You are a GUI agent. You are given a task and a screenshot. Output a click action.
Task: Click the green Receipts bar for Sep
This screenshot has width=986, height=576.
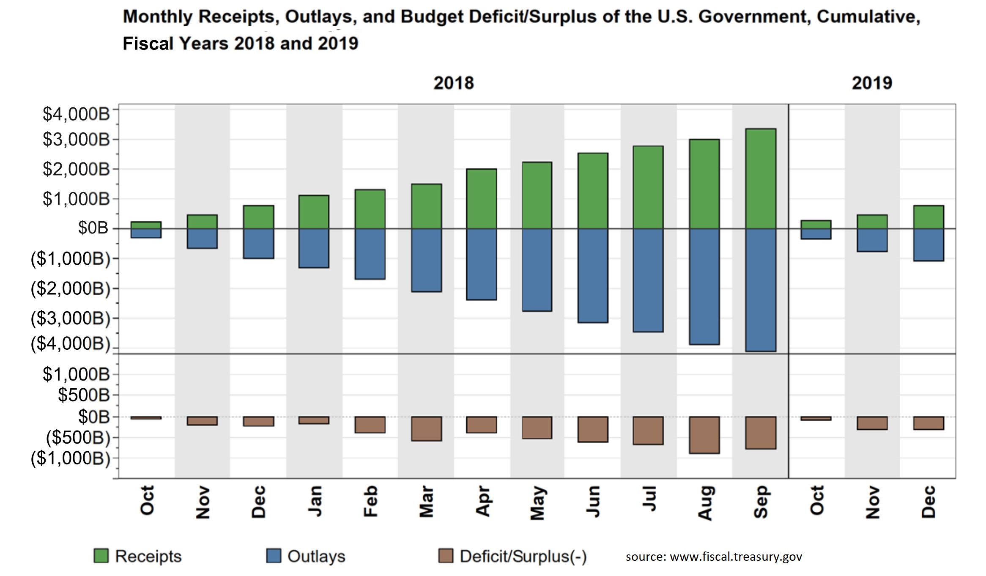point(760,178)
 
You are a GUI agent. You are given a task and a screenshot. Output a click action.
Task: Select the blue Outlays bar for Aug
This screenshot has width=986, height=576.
point(704,286)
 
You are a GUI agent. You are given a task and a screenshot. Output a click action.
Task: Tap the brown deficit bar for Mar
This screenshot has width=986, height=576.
point(426,428)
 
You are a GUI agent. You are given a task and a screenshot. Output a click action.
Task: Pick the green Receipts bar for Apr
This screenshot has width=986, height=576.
point(482,199)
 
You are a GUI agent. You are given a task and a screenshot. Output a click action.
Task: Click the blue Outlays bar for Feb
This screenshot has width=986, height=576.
point(370,254)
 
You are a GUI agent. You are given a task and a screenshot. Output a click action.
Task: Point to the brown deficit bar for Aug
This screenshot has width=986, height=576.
point(704,435)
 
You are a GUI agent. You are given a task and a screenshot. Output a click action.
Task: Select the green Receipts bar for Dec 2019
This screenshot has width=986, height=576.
point(928,217)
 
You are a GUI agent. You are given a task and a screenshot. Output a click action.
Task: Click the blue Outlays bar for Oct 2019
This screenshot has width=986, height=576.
point(816,234)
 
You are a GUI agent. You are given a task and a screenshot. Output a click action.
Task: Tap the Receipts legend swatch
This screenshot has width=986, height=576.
point(101,556)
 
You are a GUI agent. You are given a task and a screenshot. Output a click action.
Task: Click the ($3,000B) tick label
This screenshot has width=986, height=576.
point(70,318)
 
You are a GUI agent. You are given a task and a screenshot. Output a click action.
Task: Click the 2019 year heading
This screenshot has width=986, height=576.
point(871,83)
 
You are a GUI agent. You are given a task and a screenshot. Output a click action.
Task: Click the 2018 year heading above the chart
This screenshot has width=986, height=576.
point(453,83)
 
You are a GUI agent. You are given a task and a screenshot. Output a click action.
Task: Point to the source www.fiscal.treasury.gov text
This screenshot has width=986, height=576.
point(713,557)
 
